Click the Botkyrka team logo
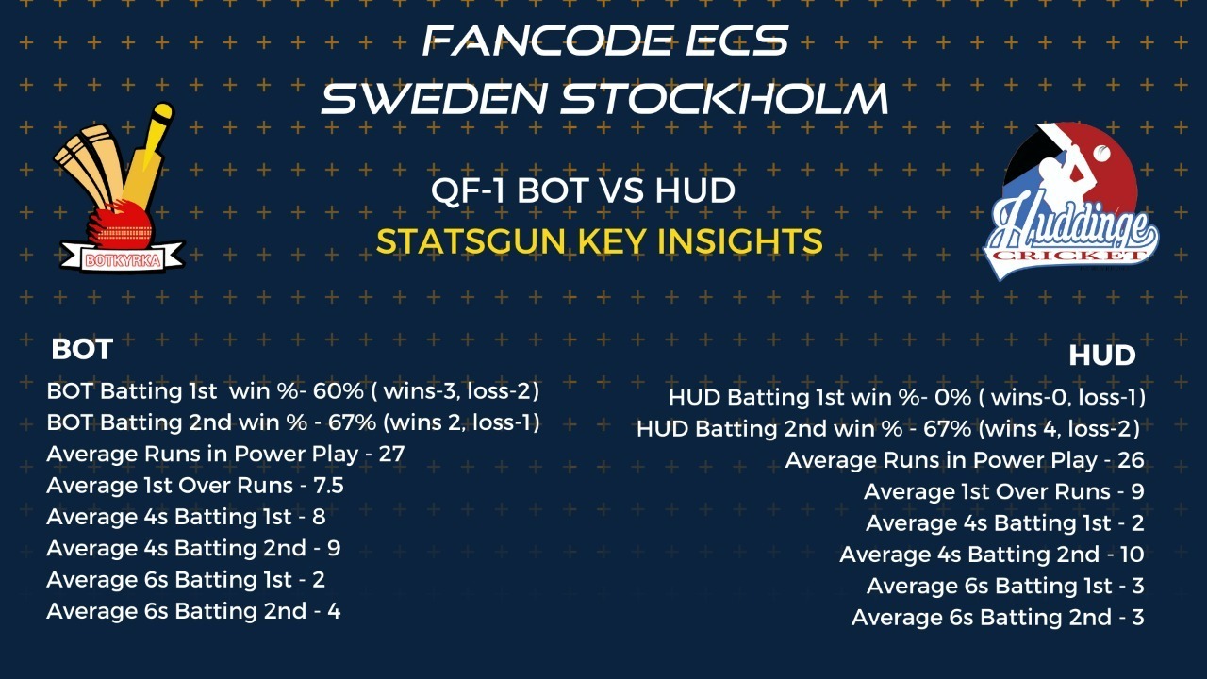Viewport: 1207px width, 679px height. pos(120,188)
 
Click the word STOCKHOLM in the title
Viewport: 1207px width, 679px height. pos(724,99)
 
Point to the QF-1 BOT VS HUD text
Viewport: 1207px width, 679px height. pos(583,190)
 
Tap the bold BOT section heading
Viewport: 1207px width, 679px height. pos(82,349)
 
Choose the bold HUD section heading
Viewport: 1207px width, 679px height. pos(1102,356)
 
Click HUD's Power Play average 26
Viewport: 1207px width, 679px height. pos(1131,460)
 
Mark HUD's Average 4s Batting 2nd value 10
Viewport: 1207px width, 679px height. pos(1132,555)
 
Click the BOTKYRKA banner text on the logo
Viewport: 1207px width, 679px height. pos(123,261)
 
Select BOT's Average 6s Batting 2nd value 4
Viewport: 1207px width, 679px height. pos(334,612)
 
